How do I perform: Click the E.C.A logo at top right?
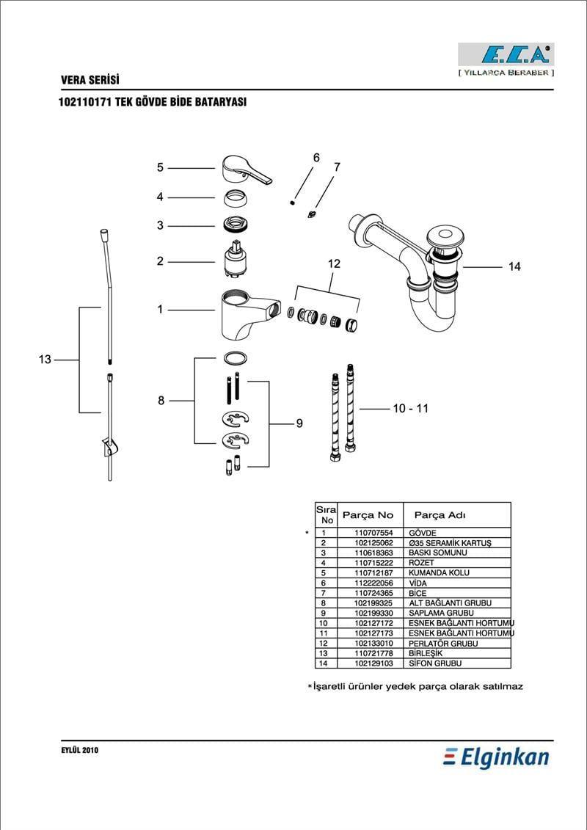pyautogui.click(x=506, y=55)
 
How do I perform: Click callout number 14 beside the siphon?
pyautogui.click(x=514, y=267)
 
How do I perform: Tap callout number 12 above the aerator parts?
pyautogui.click(x=334, y=263)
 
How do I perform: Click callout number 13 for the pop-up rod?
pyautogui.click(x=45, y=360)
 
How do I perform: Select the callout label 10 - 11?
pyautogui.click(x=410, y=408)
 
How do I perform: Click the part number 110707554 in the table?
pyautogui.click(x=373, y=533)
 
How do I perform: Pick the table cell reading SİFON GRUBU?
pyautogui.click(x=435, y=663)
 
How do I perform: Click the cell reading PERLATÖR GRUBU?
pyautogui.click(x=442, y=644)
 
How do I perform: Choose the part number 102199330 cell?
pyautogui.click(x=373, y=613)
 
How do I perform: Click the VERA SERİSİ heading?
pyautogui.click(x=90, y=80)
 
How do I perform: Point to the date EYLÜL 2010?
pyautogui.click(x=80, y=751)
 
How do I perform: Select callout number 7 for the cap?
pyautogui.click(x=337, y=167)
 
